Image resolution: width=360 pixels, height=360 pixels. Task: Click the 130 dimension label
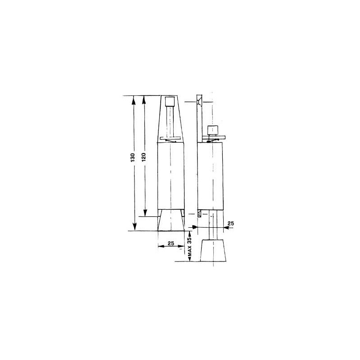tap(133, 157)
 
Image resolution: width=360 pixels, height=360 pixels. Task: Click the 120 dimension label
tap(144, 157)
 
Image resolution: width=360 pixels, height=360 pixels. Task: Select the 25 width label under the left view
tap(171, 243)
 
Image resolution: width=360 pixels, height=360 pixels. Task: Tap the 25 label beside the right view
tap(230, 223)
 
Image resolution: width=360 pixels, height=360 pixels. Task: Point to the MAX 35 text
tap(189, 247)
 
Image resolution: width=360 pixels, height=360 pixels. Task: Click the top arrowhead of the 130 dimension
tap(133, 99)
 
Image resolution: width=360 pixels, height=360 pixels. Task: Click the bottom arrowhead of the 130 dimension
tap(135, 227)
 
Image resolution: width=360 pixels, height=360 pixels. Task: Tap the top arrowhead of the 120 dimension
tap(144, 99)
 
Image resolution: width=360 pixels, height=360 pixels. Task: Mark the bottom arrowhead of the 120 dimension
tap(145, 213)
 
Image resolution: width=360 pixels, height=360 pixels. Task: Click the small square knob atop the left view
tap(170, 101)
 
